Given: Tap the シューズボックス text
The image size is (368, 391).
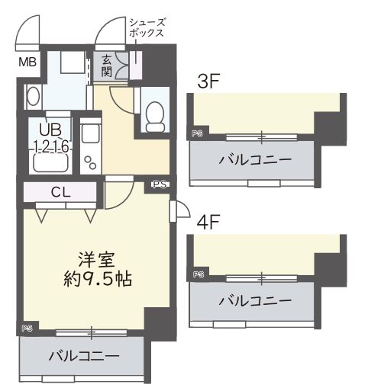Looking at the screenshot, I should pyautogui.click(x=147, y=28).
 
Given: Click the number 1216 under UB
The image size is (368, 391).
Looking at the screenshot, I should pyautogui.click(x=51, y=145).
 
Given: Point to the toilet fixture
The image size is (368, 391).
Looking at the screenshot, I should pyautogui.click(x=154, y=115).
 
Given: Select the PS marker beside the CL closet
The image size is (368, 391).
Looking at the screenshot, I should pyautogui.click(x=159, y=184).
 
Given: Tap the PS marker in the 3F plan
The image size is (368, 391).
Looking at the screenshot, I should pyautogui.click(x=198, y=133).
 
